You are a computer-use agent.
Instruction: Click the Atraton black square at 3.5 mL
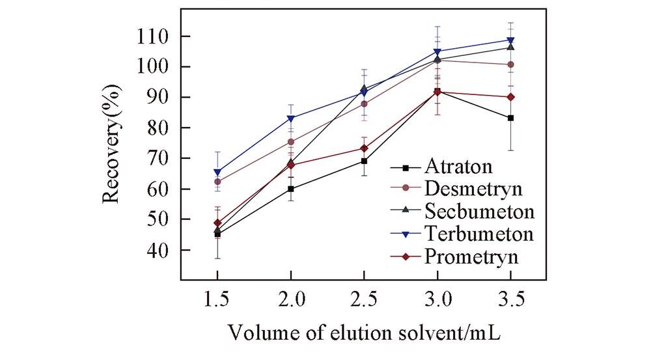coord(511,118)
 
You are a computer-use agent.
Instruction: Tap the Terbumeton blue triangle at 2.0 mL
coord(291,118)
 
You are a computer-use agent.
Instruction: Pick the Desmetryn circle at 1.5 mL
coord(217,182)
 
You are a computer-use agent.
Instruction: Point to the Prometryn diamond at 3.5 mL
coord(511,97)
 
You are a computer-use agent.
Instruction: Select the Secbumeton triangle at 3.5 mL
coord(511,47)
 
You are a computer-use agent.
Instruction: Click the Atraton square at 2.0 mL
coord(291,189)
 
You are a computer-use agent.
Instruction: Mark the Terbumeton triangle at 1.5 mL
coord(217,173)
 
